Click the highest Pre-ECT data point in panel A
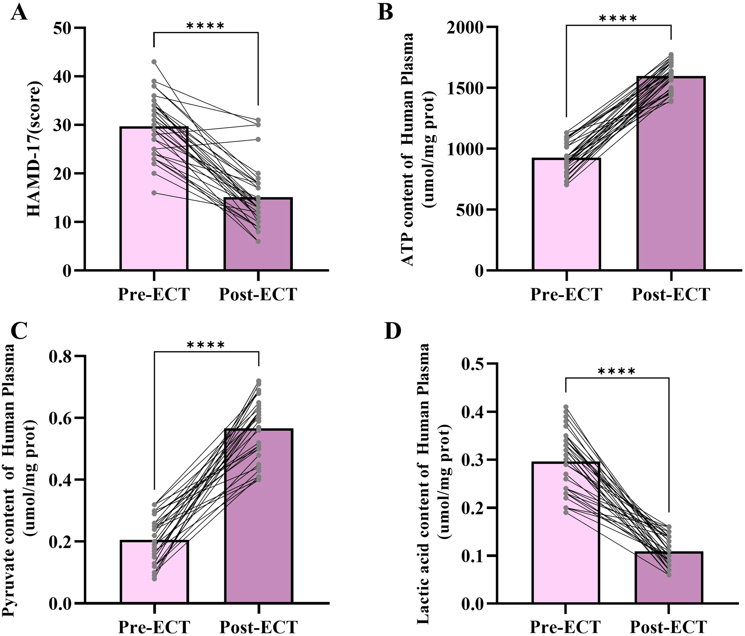click(154, 62)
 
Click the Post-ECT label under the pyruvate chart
click(259, 627)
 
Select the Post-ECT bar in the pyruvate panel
click(259, 521)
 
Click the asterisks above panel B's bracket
click(618, 18)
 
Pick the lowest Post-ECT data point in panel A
click(258, 241)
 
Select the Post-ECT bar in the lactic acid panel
click(669, 582)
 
